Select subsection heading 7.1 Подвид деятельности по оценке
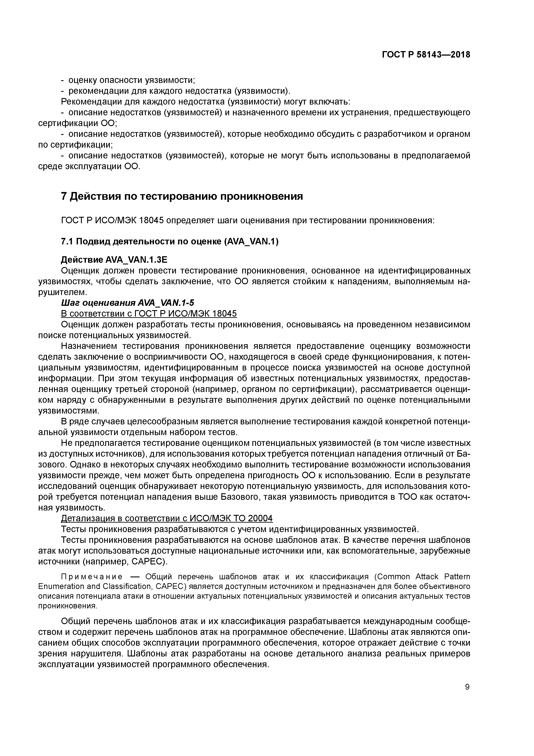point(170,242)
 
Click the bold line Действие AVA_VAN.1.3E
point(114,260)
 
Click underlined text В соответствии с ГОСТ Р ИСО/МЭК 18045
point(149,314)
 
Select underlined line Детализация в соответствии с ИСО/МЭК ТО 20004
point(167,519)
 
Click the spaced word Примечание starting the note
point(92,577)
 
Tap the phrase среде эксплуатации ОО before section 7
point(89,166)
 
